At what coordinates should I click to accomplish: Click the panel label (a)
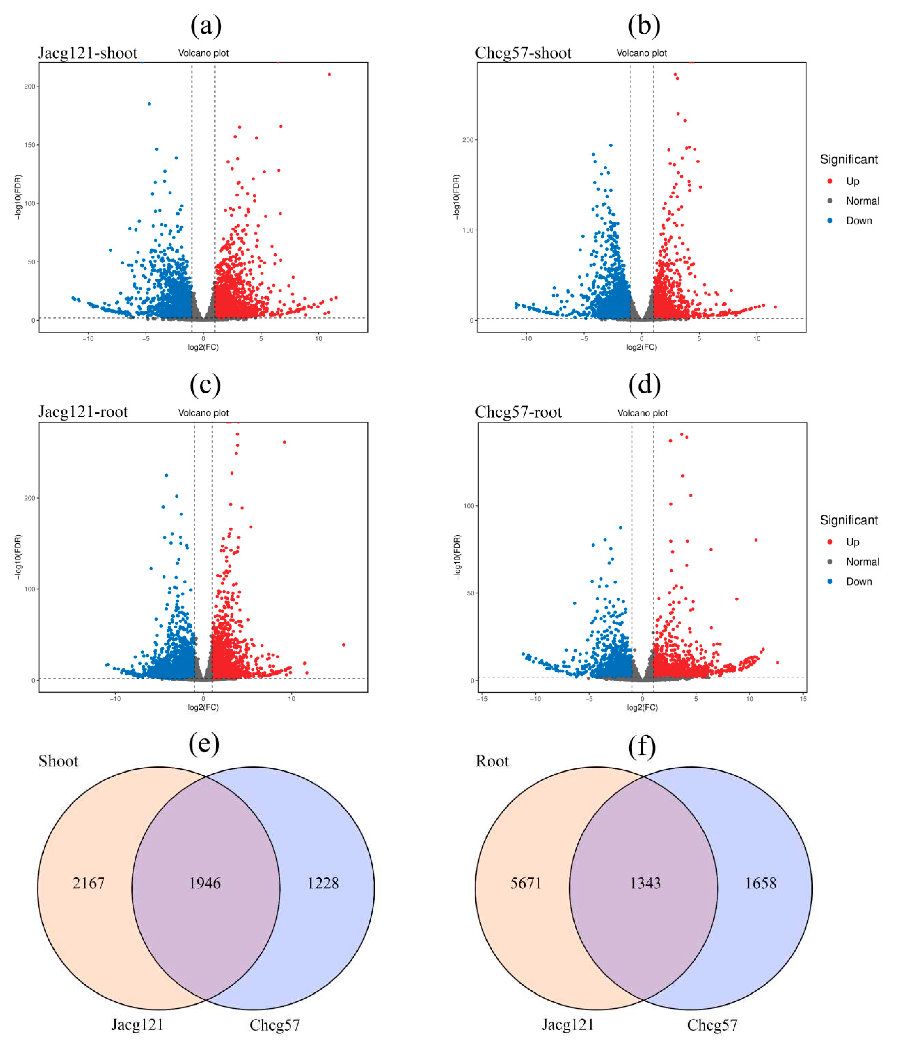click(206, 25)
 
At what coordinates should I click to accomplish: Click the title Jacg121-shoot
click(88, 53)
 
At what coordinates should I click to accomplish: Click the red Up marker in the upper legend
click(830, 181)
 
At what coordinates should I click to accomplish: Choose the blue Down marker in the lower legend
click(830, 582)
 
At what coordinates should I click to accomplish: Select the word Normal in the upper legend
click(863, 201)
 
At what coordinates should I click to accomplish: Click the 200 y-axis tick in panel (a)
click(30, 86)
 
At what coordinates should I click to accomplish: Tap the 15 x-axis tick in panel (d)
click(803, 699)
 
